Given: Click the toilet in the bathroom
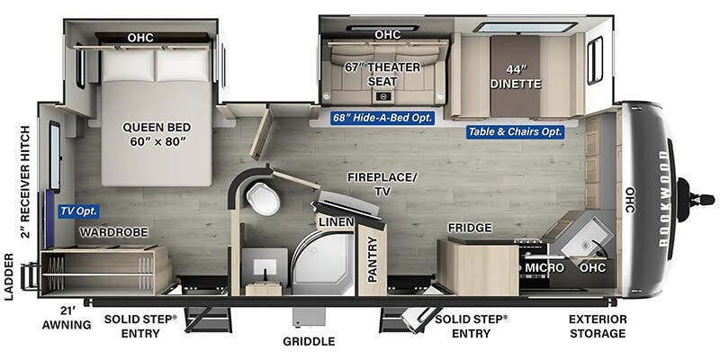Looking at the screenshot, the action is click(x=263, y=198).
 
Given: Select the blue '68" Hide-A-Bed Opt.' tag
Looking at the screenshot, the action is click(x=382, y=118).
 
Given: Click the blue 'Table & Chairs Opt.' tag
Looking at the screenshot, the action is click(x=516, y=132).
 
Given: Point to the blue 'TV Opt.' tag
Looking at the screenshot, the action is click(x=78, y=211).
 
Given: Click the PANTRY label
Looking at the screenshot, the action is click(x=373, y=259).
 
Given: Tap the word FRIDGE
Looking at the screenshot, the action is click(x=470, y=228).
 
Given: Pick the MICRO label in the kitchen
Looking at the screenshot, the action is click(x=545, y=267).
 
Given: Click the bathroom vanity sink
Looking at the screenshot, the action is click(x=265, y=266).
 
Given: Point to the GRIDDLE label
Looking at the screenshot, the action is click(x=309, y=341).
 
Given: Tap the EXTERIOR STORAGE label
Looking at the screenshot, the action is click(x=598, y=326).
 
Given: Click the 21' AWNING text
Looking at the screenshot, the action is click(x=67, y=318).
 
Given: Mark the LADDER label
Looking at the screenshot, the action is click(x=9, y=276).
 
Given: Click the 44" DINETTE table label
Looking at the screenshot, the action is click(x=516, y=76).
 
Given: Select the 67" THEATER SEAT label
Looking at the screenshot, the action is click(x=382, y=75).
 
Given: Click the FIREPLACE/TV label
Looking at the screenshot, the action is click(x=382, y=184).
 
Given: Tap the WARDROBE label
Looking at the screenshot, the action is click(x=114, y=232).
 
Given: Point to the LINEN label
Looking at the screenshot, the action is click(x=337, y=222).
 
